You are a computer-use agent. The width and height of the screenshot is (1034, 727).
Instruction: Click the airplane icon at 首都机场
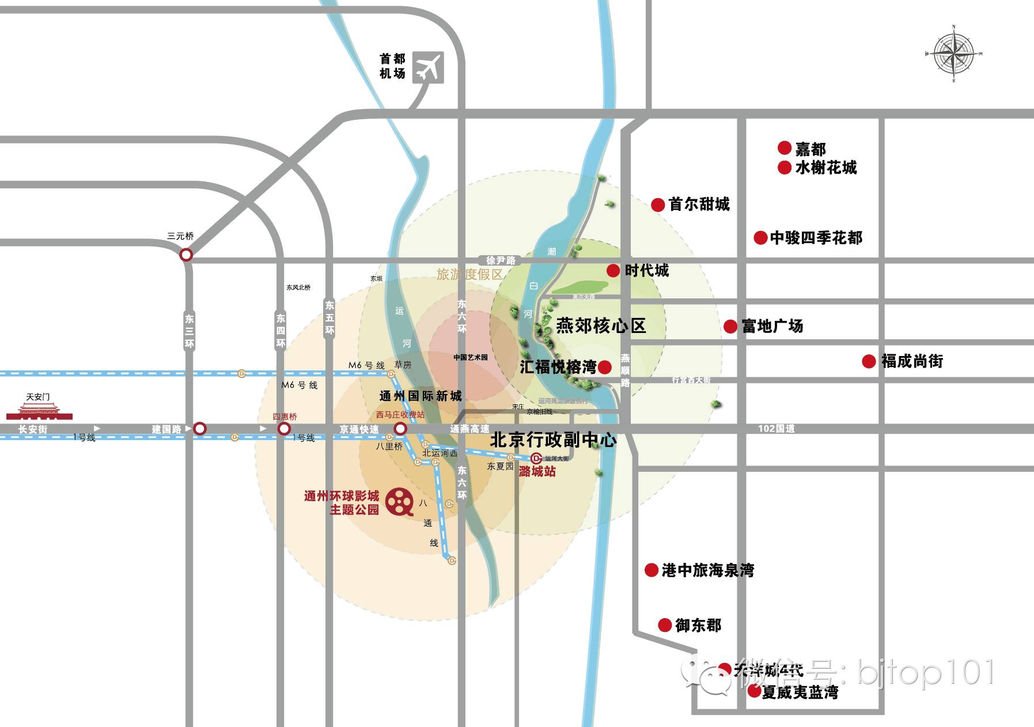(428, 67)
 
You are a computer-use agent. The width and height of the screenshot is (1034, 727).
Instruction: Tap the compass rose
(953, 54)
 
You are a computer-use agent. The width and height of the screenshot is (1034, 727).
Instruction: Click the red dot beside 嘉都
(784, 148)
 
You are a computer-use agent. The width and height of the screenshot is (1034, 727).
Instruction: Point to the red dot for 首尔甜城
(658, 205)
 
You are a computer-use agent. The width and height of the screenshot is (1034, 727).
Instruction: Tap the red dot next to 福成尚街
(869, 361)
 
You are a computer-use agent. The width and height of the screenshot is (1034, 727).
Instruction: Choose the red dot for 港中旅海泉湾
(651, 570)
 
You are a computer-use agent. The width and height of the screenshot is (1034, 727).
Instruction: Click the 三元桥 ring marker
(186, 255)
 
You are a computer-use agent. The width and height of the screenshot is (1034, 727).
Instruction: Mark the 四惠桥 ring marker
(284, 429)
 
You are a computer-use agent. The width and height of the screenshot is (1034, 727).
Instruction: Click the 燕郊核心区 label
(601, 326)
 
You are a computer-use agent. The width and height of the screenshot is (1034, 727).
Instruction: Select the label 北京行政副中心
(553, 440)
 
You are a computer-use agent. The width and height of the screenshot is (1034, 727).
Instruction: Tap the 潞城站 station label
(537, 471)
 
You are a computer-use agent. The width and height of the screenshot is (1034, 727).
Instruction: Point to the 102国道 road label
(776, 429)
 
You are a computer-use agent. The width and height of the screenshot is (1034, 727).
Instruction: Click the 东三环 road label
(190, 331)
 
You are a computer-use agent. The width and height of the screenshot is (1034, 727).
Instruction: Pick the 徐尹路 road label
(501, 260)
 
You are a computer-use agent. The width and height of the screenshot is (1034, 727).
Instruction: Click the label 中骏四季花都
(816, 238)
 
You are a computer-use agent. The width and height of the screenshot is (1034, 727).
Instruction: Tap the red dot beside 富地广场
(730, 327)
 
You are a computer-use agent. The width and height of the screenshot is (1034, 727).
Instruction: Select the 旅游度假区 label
(469, 274)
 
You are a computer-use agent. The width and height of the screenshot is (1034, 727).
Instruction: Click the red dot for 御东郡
(665, 625)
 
